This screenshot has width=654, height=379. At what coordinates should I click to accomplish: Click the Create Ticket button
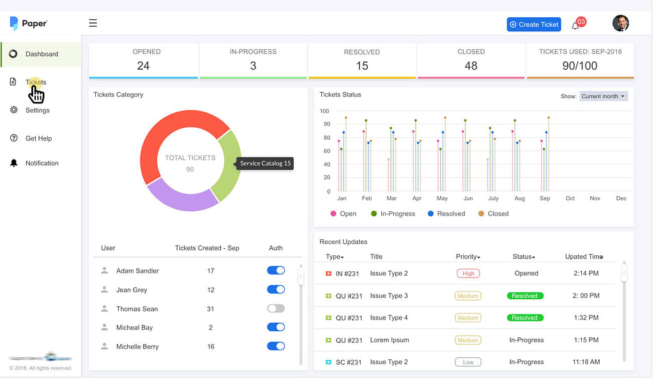point(534,24)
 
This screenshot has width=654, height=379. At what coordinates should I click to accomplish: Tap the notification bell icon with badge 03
point(576,25)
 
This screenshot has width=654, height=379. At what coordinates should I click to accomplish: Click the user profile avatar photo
point(620,24)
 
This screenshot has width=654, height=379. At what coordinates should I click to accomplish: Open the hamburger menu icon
point(93,23)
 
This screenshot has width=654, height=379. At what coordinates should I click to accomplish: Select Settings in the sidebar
point(37,110)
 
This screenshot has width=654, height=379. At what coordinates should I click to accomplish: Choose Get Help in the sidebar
point(38,138)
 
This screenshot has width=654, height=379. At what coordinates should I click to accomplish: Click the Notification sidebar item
point(42,163)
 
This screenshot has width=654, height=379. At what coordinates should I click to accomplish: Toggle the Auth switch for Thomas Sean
point(276,309)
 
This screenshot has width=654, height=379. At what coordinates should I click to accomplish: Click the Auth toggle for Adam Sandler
point(276,271)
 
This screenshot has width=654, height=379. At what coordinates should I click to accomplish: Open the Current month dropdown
point(604,96)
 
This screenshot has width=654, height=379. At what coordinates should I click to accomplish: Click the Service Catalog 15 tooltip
point(265,163)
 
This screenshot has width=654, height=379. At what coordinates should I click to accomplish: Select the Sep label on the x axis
point(545,198)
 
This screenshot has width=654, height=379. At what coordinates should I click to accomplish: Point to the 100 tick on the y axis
point(324,111)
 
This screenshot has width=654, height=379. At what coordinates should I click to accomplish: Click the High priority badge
point(468,273)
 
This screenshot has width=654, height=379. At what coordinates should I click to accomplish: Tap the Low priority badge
point(468,362)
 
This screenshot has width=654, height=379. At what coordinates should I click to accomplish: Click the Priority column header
point(468,256)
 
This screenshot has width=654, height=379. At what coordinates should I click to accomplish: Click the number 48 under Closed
point(471,66)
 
